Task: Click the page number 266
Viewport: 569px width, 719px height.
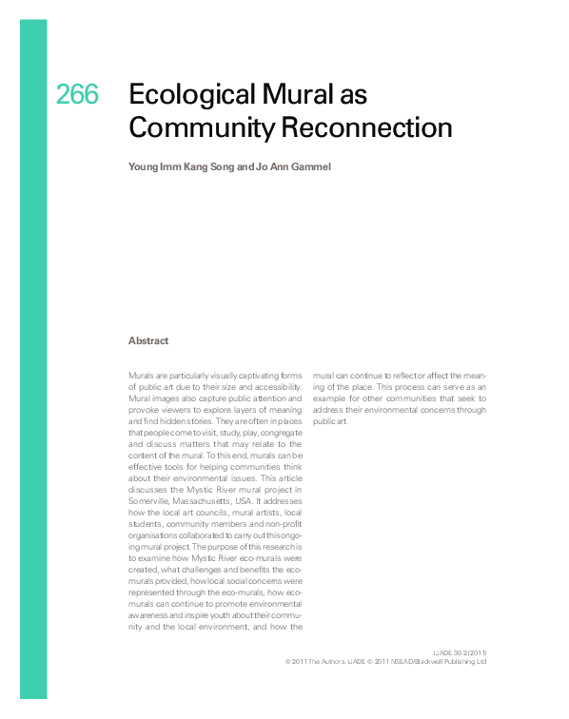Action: pyautogui.click(x=77, y=95)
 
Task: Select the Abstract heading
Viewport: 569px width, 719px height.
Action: pyautogui.click(x=148, y=340)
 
